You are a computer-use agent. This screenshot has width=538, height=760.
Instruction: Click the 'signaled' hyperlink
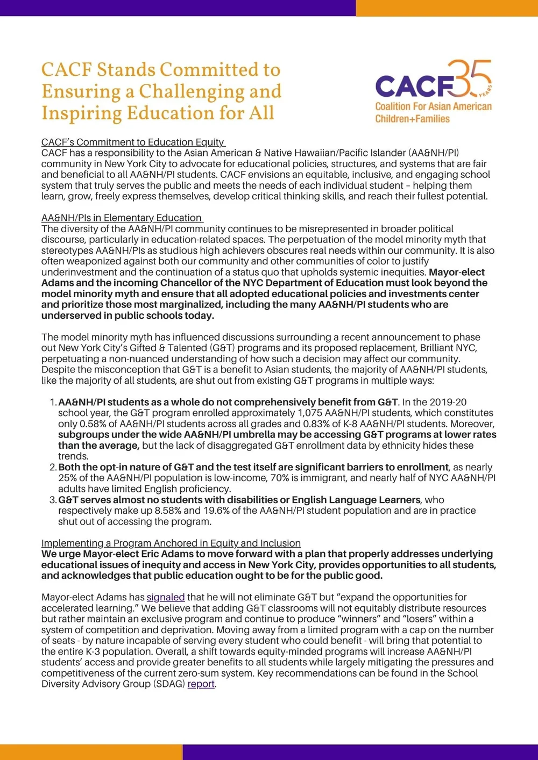pyautogui.click(x=166, y=597)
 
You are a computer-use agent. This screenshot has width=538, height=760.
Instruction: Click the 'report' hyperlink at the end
pyautogui.click(x=201, y=684)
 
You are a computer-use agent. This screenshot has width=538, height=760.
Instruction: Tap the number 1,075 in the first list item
pyautogui.click(x=312, y=413)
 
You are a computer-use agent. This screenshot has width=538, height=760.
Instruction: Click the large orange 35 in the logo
pyautogui.click(x=470, y=79)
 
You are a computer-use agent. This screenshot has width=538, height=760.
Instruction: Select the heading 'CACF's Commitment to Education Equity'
pyautogui.click(x=132, y=142)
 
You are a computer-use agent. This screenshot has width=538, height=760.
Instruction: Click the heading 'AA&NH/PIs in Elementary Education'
pyautogui.click(x=121, y=218)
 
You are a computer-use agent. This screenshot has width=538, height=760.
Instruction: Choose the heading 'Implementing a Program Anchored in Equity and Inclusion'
pyautogui.click(x=171, y=543)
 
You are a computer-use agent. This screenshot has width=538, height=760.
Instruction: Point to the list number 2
pyautogui.click(x=53, y=467)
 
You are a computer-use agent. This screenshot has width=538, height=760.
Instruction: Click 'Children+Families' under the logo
pyautogui.click(x=412, y=119)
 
